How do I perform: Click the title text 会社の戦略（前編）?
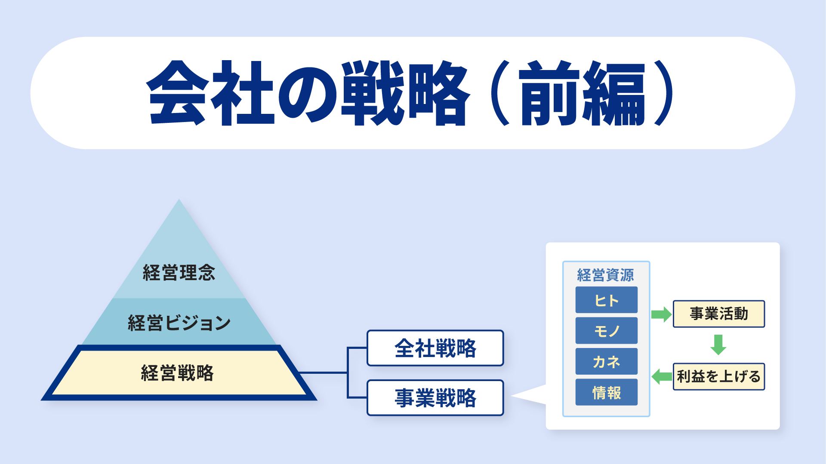(411, 93)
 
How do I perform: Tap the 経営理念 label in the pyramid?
(179, 273)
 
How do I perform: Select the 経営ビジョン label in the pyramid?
(179, 323)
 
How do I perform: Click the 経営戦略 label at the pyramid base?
(177, 373)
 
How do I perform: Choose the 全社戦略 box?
(435, 348)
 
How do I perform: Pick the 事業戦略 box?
(435, 398)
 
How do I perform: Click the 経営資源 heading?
(606, 275)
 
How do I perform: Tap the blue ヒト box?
(607, 300)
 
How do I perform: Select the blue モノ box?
(607, 330)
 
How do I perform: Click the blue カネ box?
(607, 361)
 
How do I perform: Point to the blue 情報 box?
(607, 392)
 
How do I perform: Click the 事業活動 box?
(719, 314)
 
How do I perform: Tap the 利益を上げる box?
(719, 377)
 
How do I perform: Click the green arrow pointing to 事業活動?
(661, 314)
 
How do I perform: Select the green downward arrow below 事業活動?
(718, 345)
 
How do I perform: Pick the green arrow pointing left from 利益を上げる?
(662, 377)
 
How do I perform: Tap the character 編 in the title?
(614, 93)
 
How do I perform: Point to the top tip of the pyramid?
(179, 199)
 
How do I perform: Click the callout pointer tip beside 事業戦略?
(511, 396)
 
